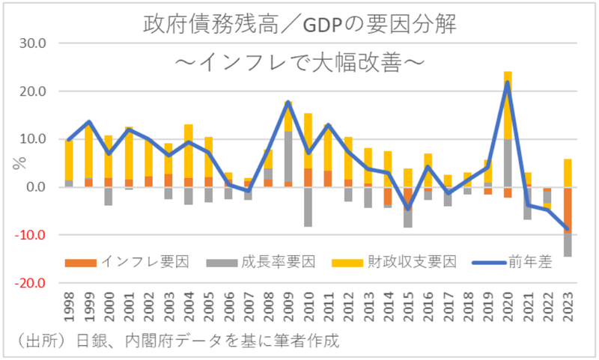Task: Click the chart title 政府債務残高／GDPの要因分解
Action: (299, 25)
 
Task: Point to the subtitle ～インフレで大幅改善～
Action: (299, 61)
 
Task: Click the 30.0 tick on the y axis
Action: (33, 43)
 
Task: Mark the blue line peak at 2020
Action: (508, 82)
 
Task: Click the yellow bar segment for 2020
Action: (508, 105)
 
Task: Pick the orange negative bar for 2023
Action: (568, 210)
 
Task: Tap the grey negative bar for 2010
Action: (308, 207)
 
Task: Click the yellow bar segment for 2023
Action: (568, 173)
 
